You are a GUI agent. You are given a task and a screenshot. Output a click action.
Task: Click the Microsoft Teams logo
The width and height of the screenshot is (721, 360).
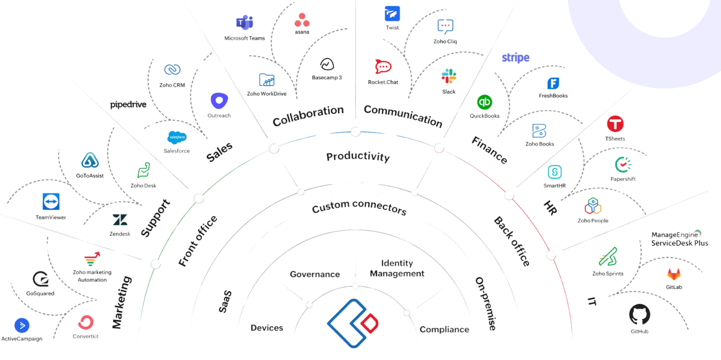tap(244, 23)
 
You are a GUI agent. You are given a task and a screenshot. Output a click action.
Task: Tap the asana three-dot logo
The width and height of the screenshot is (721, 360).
tap(302, 20)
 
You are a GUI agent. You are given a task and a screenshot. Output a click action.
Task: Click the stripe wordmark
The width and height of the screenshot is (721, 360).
tap(515, 58)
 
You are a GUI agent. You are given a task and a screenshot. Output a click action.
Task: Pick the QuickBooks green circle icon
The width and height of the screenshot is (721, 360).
tap(484, 102)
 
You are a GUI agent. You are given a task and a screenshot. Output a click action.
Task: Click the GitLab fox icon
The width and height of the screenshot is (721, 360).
tap(674, 274)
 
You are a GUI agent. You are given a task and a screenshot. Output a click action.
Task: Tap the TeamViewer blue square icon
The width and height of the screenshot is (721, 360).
tap(51, 201)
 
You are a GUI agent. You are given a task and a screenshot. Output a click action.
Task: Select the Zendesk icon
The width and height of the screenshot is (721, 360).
tap(120, 220)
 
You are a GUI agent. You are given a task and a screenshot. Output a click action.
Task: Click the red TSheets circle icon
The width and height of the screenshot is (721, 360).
tap(615, 124)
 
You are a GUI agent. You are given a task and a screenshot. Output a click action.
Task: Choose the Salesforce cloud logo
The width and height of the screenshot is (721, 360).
tap(177, 137)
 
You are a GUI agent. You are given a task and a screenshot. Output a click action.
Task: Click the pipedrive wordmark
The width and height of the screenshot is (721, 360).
tap(128, 105)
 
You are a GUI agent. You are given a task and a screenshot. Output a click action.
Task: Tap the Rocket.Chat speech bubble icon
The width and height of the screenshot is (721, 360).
tap(383, 67)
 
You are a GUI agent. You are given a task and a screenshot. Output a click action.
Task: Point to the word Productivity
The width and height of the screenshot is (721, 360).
tap(358, 156)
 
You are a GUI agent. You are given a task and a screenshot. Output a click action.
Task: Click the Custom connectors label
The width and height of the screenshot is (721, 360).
tap(359, 208)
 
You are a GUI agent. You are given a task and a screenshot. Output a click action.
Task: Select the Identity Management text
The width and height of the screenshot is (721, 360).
tap(397, 268)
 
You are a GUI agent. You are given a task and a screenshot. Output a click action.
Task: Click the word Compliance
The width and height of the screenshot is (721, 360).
tap(444, 330)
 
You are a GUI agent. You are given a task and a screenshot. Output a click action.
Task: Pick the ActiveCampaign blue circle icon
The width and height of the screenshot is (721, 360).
tap(22, 324)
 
